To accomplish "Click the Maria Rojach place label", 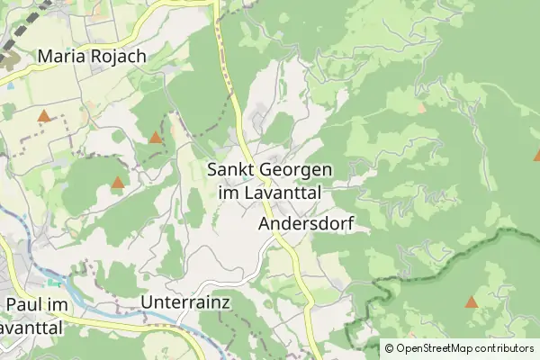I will point(92,56).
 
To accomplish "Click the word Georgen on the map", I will point(297,169).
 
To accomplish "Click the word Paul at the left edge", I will point(25,306).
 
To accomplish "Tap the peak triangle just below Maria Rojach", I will point(43,115).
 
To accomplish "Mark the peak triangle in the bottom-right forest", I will point(472,301).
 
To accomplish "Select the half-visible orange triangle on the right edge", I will point(537,155).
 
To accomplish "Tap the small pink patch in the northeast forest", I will point(421,107).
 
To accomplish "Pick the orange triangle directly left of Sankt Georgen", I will point(156,138).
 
